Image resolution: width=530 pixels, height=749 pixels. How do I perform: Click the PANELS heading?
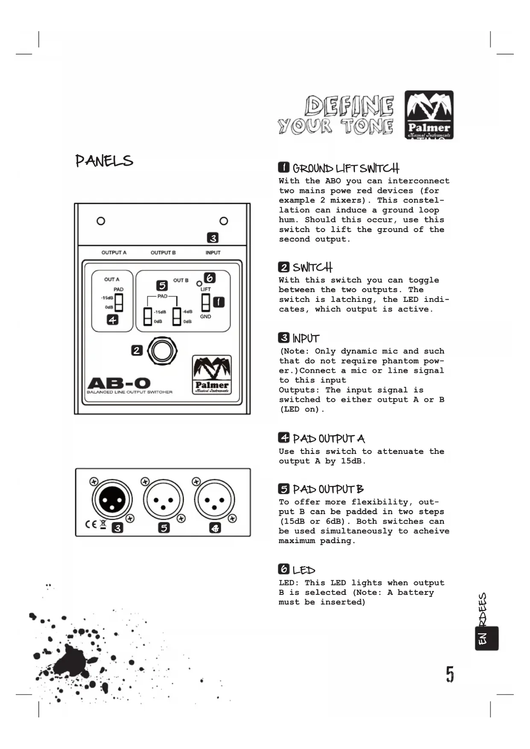click(x=104, y=161)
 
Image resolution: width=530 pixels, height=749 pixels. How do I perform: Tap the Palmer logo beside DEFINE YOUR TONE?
click(x=429, y=114)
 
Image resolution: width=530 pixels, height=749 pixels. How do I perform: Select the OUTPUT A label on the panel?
click(x=114, y=253)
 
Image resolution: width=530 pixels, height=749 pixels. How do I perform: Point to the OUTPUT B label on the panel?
click(x=163, y=253)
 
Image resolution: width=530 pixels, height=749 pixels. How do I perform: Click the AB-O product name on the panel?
click(x=119, y=383)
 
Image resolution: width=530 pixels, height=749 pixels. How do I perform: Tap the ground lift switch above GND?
click(x=206, y=302)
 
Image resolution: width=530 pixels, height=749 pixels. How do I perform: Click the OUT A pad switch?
click(x=119, y=303)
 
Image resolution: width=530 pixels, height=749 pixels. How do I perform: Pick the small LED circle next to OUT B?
click(x=199, y=284)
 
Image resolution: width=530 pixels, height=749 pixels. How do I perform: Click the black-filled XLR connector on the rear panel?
click(x=112, y=500)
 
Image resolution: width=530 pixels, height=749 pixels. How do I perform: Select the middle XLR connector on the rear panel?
click(x=163, y=500)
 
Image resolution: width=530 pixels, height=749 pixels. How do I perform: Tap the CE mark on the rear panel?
click(x=91, y=524)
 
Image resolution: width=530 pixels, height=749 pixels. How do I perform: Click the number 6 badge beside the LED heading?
click(x=284, y=569)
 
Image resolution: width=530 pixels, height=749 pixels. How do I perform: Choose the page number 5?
click(x=450, y=674)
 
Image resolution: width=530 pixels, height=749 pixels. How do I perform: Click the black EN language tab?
click(x=486, y=638)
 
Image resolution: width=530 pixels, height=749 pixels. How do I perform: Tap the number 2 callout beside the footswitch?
click(x=137, y=351)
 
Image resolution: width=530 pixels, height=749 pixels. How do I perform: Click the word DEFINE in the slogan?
click(x=349, y=106)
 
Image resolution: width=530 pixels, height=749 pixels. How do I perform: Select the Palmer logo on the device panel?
click(x=212, y=374)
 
